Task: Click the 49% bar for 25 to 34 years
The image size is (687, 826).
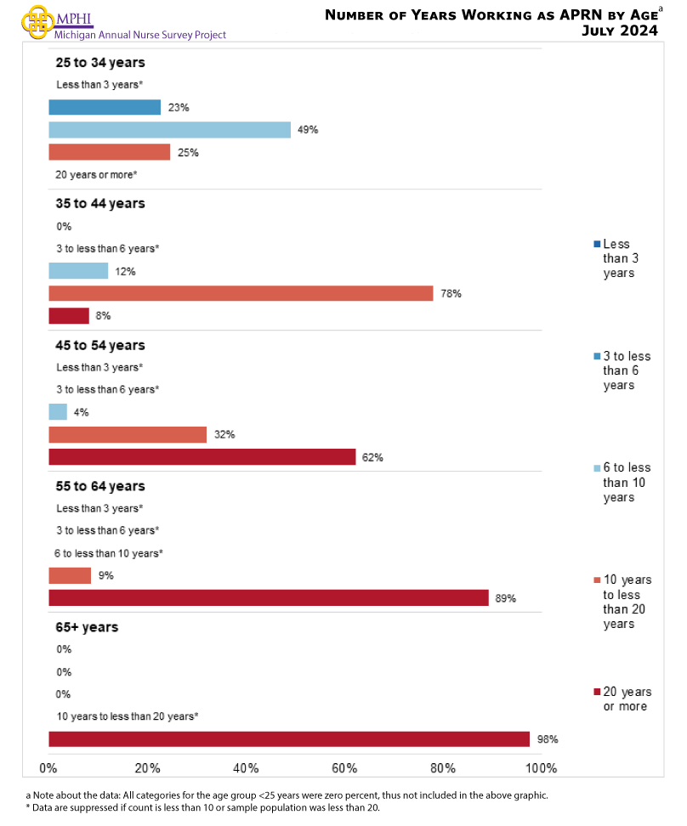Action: pyautogui.click(x=169, y=130)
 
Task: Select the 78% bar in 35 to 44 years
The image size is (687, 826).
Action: pyautogui.click(x=241, y=293)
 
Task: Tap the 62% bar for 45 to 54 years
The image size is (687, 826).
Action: pyautogui.click(x=202, y=456)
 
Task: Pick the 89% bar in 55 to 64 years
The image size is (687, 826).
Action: pyautogui.click(x=268, y=597)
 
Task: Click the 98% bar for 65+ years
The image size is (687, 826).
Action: pyautogui.click(x=289, y=738)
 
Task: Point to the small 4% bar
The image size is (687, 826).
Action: pyautogui.click(x=58, y=412)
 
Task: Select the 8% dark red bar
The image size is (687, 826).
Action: pyautogui.click(x=69, y=315)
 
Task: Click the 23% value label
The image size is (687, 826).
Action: pyautogui.click(x=178, y=108)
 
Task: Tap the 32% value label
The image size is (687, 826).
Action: pyautogui.click(x=224, y=434)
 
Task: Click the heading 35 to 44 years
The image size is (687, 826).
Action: pyautogui.click(x=100, y=204)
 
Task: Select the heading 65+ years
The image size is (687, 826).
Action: pyautogui.click(x=87, y=627)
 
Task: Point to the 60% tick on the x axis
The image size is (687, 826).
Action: pyautogui.click(x=344, y=768)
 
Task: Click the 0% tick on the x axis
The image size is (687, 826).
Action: pyautogui.click(x=48, y=768)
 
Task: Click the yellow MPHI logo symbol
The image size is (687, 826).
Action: pyautogui.click(x=34, y=21)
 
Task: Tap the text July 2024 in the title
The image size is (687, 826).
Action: pyautogui.click(x=619, y=31)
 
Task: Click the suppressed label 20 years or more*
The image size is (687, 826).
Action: pyautogui.click(x=97, y=174)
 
